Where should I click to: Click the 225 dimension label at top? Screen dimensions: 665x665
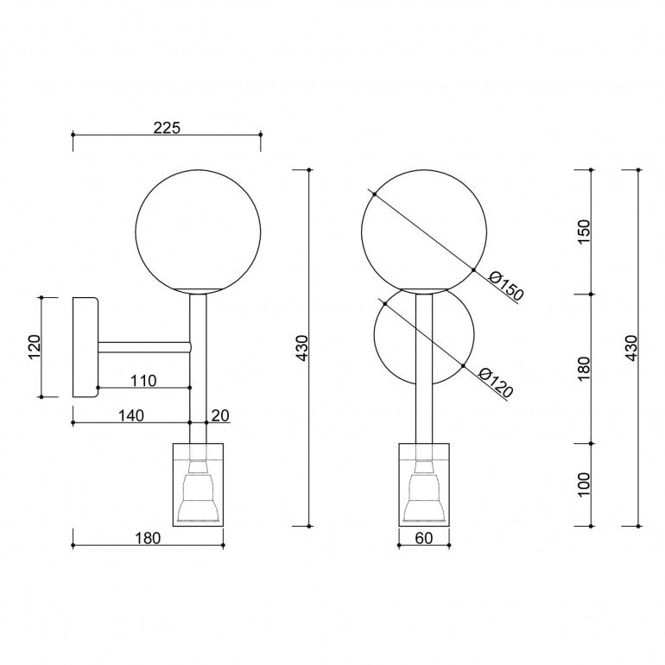point(167,127)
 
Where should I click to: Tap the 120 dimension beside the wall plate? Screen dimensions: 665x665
point(34,346)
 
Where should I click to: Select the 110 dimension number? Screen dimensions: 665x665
point(143,380)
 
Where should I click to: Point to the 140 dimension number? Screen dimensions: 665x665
point(130,415)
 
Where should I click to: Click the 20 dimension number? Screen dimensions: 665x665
point(220,415)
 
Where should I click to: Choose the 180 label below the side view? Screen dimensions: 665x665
point(148,538)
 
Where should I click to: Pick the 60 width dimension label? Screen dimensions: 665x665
point(424,538)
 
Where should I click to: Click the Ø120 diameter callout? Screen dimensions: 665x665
point(496,383)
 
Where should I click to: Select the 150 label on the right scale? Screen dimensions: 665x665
point(584,231)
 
